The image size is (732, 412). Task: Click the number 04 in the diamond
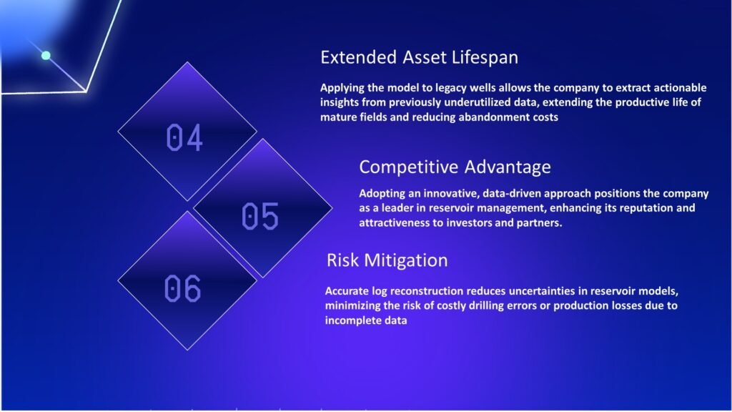pos(184,138)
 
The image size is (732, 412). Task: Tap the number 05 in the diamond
pos(260,216)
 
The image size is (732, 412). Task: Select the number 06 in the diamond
pos(182,288)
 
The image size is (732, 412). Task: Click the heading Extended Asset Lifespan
pos(419,57)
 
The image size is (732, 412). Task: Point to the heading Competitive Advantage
pos(455,167)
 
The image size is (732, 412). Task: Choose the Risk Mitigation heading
pos(387,260)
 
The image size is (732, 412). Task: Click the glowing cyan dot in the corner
pos(46,56)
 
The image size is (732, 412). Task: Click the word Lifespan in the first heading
pos(485,57)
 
